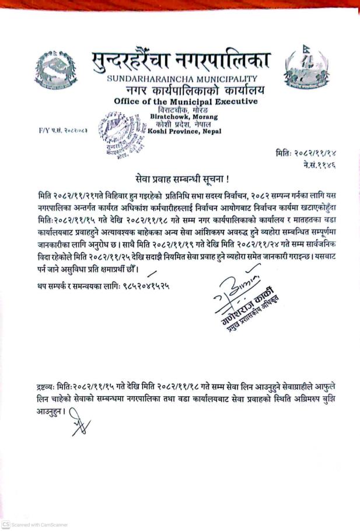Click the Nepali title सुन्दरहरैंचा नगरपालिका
pos(181,61)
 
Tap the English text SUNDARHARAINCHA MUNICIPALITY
pos(181,79)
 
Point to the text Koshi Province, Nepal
pos(185,131)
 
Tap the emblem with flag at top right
pos(303,68)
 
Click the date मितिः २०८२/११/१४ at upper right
pos(306,152)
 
